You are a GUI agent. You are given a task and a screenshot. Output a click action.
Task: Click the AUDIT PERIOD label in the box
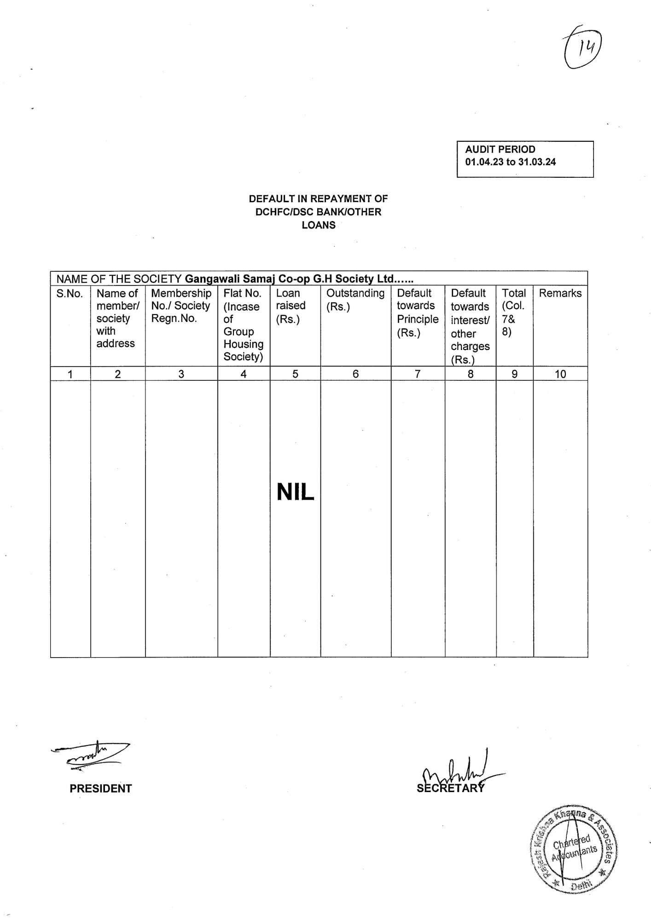pos(500,150)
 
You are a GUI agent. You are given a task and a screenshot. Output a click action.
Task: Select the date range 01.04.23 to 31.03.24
pos(511,162)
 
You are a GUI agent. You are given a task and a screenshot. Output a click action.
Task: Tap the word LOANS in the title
pos(319,225)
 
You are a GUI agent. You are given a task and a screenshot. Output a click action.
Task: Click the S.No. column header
pos(70,293)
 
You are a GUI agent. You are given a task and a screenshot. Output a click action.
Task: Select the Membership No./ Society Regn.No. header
pos(181,306)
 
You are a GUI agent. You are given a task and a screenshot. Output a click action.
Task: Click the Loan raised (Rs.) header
pos(291,306)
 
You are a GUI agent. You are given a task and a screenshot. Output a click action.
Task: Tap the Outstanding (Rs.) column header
pos(355,299)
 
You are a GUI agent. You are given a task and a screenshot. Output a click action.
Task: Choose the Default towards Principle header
pos(418,313)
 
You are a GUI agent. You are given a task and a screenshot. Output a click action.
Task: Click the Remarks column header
pos(560,293)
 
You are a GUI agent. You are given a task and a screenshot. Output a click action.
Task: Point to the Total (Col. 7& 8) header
pos(514,312)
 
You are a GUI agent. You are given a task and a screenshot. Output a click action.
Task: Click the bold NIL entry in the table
pos(295,493)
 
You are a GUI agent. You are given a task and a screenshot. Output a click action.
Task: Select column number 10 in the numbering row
pos(560,374)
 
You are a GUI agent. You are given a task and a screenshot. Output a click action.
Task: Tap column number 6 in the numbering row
pos(355,374)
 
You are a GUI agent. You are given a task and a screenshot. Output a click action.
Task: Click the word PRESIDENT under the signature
pos(101,788)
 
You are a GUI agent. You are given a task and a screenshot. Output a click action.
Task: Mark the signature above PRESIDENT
pos(92,756)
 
